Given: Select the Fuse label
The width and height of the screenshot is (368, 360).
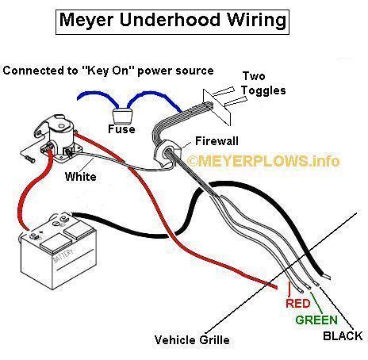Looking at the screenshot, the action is coord(121,129).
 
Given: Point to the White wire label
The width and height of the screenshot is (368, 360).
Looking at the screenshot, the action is coord(81,177).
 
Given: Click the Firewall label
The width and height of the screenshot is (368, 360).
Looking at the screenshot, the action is coord(217,141).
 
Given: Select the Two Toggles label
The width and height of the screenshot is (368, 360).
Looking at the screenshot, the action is coord(263,83).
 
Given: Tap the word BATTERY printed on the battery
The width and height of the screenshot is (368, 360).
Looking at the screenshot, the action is coord(63,256).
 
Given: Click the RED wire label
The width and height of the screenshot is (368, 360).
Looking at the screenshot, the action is coord(298,303).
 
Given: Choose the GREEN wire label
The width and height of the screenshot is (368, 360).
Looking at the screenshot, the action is coord(316,320).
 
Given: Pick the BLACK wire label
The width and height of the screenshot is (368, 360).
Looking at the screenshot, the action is coord(343,336).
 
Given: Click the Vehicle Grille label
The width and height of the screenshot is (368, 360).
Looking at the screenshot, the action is coord(192,340).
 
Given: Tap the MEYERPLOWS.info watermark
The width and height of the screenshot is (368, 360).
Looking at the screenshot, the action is coord(263,161).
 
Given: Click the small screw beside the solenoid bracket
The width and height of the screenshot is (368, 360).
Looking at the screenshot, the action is coord(29,159).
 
